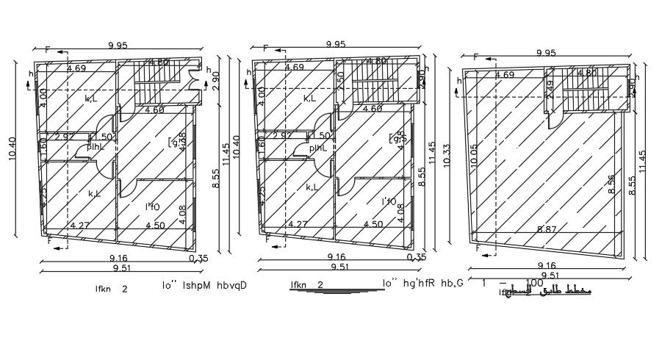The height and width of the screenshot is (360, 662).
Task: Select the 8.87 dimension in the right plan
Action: pos(546,230)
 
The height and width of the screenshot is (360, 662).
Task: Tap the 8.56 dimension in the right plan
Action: pos(612,184)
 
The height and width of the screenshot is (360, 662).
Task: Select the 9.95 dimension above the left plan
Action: pos(118,46)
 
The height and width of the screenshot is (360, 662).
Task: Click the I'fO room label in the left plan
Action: pos(152,207)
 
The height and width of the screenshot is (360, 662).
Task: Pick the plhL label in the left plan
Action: pos(96,147)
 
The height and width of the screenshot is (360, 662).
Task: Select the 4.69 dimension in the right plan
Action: pos(505,74)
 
